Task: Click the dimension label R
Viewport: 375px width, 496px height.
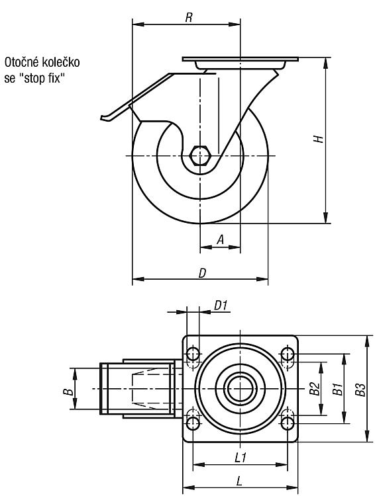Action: (189, 17)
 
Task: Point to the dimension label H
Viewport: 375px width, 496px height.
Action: (318, 139)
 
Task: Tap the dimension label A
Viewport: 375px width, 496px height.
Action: (221, 240)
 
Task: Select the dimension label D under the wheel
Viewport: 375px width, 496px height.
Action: (202, 273)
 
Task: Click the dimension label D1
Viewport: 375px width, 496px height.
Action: (221, 306)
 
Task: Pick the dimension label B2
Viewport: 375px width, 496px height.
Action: (315, 388)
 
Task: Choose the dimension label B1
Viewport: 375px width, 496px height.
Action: (337, 388)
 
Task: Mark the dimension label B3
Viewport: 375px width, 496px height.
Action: (360, 389)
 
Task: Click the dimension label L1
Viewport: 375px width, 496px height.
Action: (241, 458)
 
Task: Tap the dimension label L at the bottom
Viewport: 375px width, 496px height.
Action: (240, 481)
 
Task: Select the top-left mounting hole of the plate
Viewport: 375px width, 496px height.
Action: (193, 354)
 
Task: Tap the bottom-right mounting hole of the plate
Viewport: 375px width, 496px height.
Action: (288, 423)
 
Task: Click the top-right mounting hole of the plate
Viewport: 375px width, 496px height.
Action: (288, 354)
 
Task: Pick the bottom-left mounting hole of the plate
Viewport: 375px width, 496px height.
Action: (193, 423)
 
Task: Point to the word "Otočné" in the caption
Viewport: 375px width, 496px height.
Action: (21, 62)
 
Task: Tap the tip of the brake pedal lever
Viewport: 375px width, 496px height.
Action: (101, 118)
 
